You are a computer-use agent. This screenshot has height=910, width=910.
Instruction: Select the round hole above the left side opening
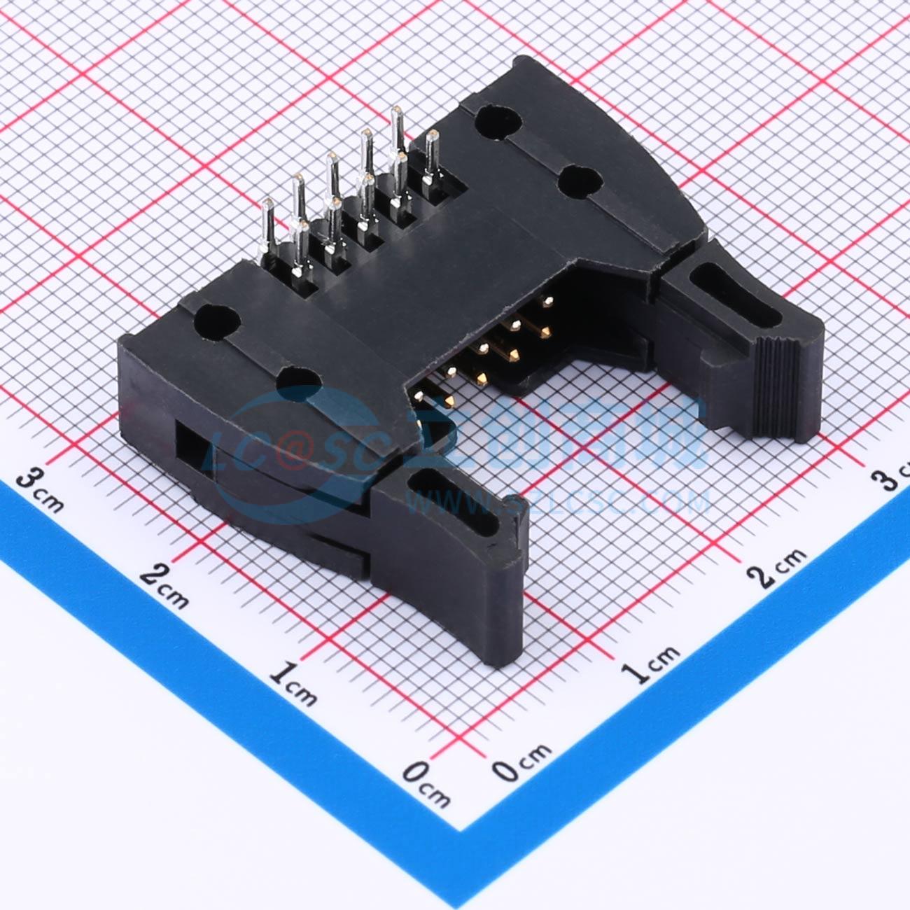pyautogui.click(x=218, y=321)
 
